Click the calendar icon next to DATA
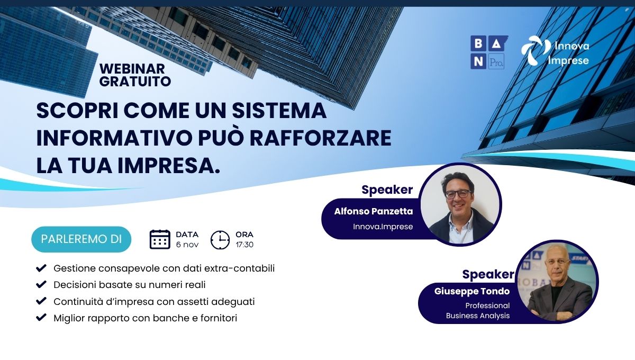[160, 239]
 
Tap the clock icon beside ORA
[220, 240]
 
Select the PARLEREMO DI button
[81, 239]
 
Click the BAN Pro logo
[489, 52]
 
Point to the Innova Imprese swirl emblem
[533, 50]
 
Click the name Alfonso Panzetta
[374, 211]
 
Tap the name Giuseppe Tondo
[472, 291]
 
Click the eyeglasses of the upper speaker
[458, 194]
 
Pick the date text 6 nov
[187, 245]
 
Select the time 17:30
[244, 245]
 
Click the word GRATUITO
[135, 82]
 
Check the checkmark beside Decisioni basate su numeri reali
[41, 284]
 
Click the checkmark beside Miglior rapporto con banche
[41, 317]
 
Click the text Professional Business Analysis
[478, 311]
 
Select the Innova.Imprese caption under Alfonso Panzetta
[383, 227]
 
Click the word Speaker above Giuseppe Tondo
[488, 274]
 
